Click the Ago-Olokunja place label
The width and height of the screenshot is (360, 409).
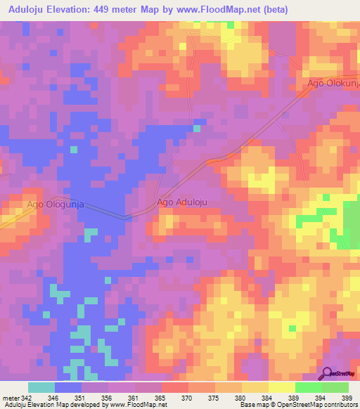[x=333, y=83]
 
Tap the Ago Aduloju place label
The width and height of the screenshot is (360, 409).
[x=182, y=202]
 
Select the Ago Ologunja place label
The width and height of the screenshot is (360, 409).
[x=56, y=204]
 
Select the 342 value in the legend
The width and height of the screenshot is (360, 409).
[x=22, y=398]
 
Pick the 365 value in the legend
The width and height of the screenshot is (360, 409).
[x=161, y=398]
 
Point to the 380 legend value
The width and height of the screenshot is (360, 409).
[x=241, y=398]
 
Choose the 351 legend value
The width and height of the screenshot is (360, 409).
[x=81, y=398]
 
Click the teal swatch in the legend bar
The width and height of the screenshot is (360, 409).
[x=41, y=387]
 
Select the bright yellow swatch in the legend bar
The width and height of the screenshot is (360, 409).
[x=281, y=387]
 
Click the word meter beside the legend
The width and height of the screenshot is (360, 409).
[x=9, y=398]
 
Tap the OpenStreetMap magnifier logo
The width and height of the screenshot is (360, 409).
[x=327, y=373]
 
